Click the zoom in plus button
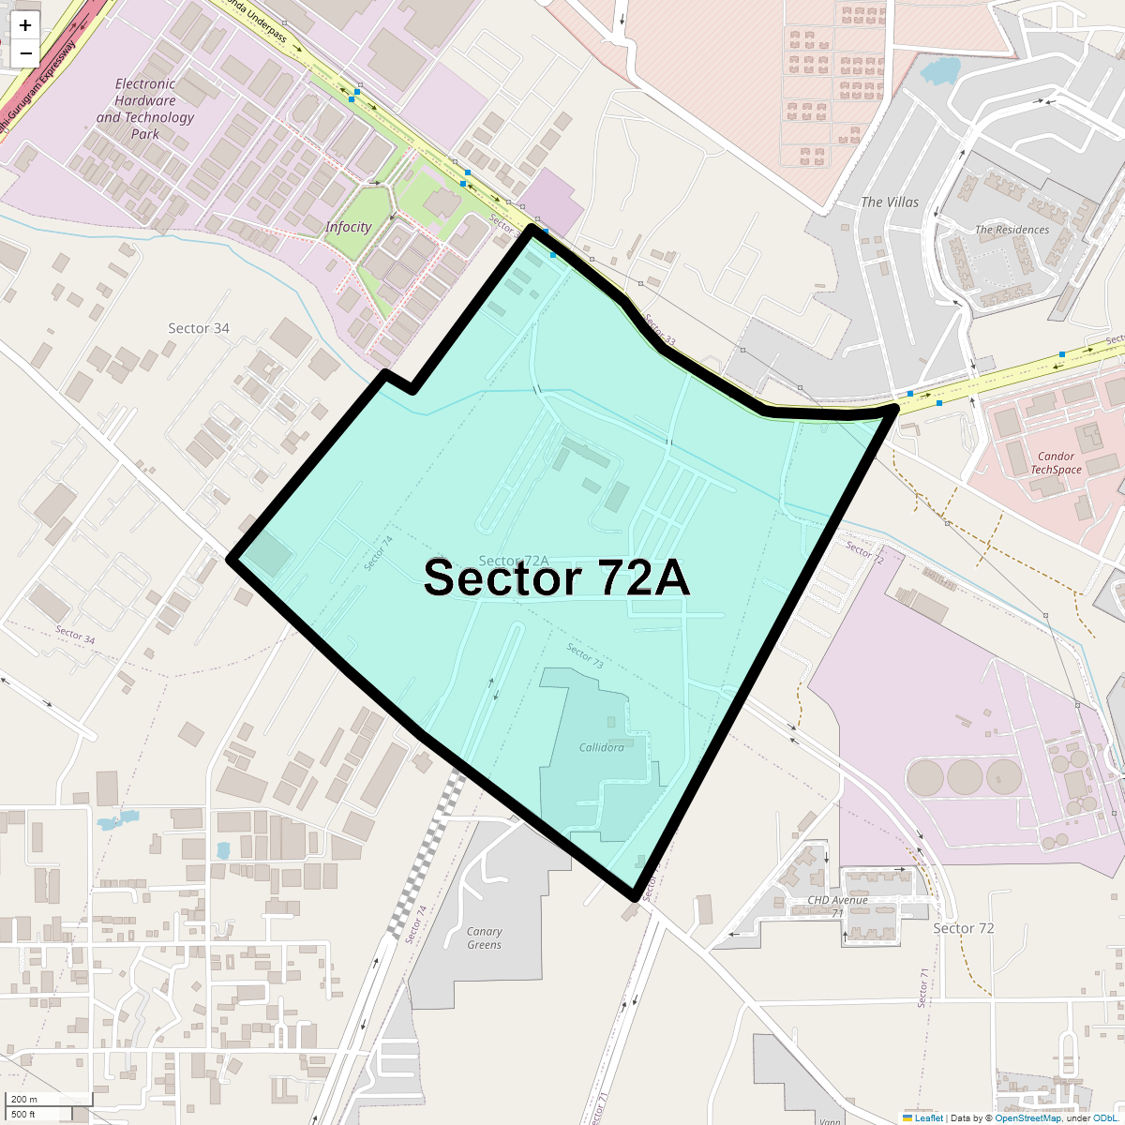pyautogui.click(x=25, y=26)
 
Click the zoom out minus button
pyautogui.click(x=25, y=53)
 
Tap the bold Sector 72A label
pyautogui.click(x=557, y=578)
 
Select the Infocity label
pyautogui.click(x=348, y=227)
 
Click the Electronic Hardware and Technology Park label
pyautogui.click(x=144, y=109)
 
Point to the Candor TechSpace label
pyautogui.click(x=1056, y=463)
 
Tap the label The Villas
pyautogui.click(x=890, y=202)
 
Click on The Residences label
pyautogui.click(x=1012, y=230)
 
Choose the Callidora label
pyautogui.click(x=601, y=747)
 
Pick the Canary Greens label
pyautogui.click(x=484, y=937)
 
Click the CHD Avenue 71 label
pyautogui.click(x=837, y=906)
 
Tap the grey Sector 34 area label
pyautogui.click(x=199, y=328)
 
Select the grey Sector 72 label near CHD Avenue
pyautogui.click(x=964, y=928)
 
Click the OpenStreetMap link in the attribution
pyautogui.click(x=1027, y=1117)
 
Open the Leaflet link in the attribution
pyautogui.click(x=928, y=1117)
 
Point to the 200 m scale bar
pyautogui.click(x=47, y=1099)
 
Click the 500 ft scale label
pyautogui.click(x=23, y=1114)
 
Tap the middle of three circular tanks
pyautogui.click(x=965, y=776)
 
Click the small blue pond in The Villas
pyautogui.click(x=940, y=69)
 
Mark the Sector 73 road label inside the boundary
pyautogui.click(x=585, y=654)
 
